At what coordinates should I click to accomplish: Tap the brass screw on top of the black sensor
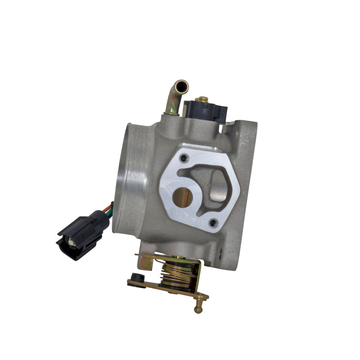202,99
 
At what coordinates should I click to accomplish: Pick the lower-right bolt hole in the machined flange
213,221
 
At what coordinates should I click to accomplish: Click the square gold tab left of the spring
145,262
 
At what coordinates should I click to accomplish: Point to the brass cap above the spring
180,258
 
